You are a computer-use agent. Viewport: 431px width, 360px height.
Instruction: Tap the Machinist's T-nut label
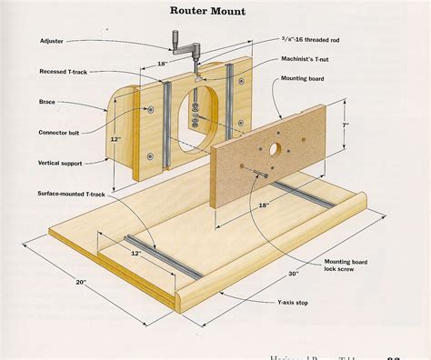[x=306, y=59]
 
